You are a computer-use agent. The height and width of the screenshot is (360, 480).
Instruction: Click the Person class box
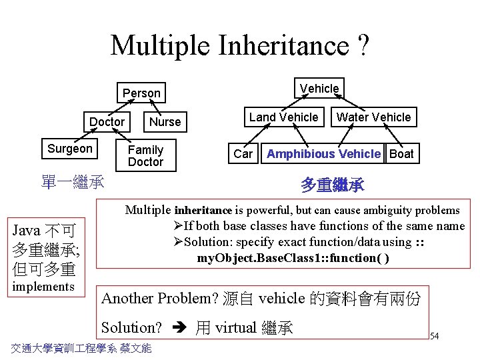click(x=141, y=93)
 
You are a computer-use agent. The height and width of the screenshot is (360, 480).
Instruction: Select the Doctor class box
click(x=107, y=121)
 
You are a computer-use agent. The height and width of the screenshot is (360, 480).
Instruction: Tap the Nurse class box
click(x=165, y=121)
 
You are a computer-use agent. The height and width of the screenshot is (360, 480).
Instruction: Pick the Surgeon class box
click(x=70, y=149)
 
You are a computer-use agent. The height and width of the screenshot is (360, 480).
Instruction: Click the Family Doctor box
click(x=145, y=155)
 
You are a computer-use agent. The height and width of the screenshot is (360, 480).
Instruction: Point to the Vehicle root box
click(x=319, y=88)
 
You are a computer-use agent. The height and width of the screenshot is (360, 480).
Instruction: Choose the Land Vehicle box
click(x=283, y=117)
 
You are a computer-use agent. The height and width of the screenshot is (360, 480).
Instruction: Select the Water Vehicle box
click(x=373, y=117)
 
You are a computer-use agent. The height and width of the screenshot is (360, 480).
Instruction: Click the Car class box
click(x=243, y=154)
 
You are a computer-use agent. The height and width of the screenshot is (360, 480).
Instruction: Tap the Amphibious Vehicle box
click(x=323, y=154)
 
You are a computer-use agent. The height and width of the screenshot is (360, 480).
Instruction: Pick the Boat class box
click(x=401, y=154)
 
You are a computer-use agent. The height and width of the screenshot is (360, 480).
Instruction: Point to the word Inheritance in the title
click(x=283, y=45)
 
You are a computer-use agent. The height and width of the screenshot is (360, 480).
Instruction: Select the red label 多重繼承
click(x=332, y=185)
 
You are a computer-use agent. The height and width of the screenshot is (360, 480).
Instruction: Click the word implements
click(x=43, y=287)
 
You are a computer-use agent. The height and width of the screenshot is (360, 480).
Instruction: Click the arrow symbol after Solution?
click(x=179, y=328)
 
